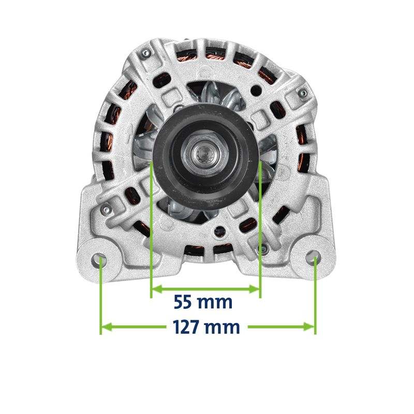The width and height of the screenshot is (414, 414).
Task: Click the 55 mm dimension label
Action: (203, 302)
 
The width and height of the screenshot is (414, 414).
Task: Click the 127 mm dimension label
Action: (206, 327)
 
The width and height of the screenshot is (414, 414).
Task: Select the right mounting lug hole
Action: (314, 256)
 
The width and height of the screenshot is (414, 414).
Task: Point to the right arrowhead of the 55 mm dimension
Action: (254, 289)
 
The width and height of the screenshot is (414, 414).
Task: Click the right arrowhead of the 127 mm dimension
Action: (308, 327)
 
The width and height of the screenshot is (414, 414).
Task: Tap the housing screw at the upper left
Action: (145, 54)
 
